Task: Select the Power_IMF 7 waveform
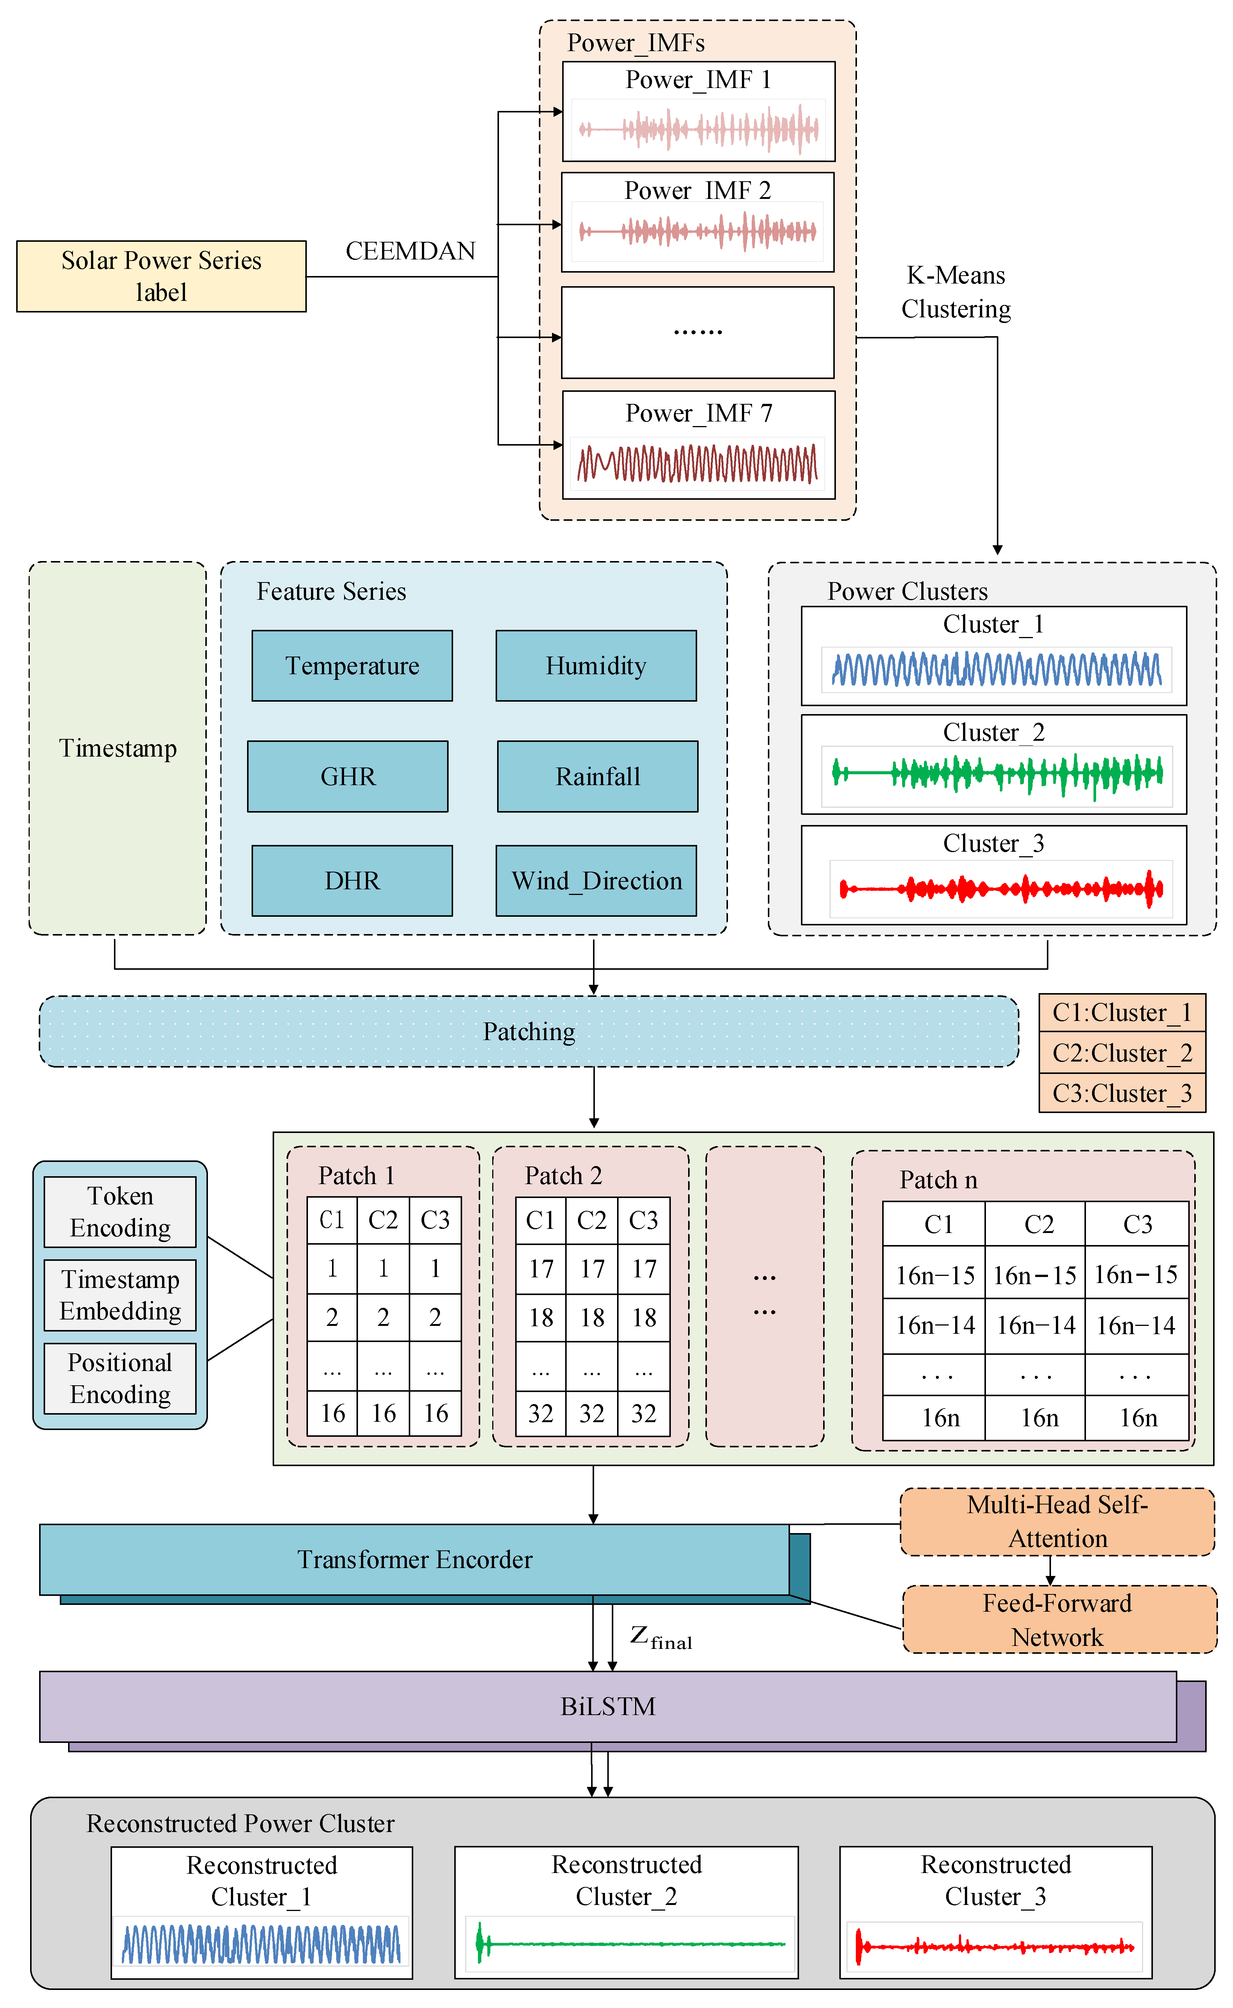pyautogui.click(x=697, y=463)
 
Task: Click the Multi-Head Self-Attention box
pyautogui.click(x=1057, y=1521)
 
